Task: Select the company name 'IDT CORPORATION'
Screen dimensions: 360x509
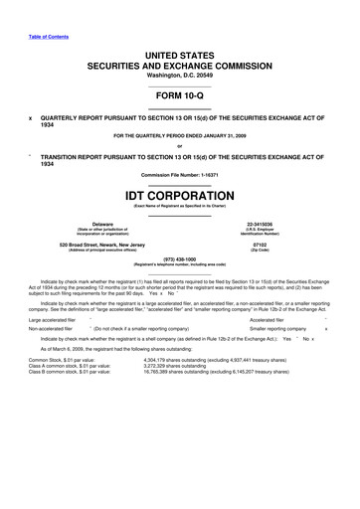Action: tap(180, 194)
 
